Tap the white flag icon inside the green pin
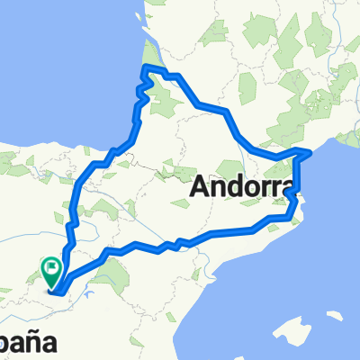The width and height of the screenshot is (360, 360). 51,265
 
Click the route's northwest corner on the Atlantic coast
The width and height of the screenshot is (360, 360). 145,68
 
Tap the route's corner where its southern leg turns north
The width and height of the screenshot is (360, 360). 293,215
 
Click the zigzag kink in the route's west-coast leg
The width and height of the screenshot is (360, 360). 139,90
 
